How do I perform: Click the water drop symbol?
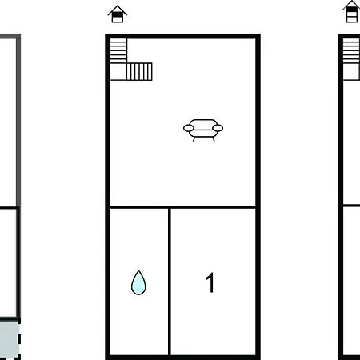coord(138,282)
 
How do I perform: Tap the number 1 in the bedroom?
coord(210,282)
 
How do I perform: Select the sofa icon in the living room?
coord(203,130)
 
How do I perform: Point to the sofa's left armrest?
coord(189,128)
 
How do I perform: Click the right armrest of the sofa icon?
coord(218,128)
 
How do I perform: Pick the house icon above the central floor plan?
coord(118,14)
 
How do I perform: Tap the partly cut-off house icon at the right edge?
coord(351,12)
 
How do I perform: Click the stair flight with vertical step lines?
coord(139,71)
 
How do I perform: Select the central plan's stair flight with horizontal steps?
coord(118,50)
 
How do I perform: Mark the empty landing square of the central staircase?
coord(118,71)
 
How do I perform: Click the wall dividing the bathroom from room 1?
coord(170,282)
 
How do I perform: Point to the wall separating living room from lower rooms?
coord(183,207)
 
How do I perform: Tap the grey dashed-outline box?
coord(10,339)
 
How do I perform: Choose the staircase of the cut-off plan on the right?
coord(351,59)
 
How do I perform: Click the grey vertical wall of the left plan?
coord(18,120)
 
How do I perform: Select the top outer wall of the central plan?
coord(183,36)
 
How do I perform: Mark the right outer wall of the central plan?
coord(258,197)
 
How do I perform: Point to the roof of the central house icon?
coord(118,10)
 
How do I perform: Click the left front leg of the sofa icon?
coord(194,139)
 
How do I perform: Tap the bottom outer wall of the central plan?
coord(183,358)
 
